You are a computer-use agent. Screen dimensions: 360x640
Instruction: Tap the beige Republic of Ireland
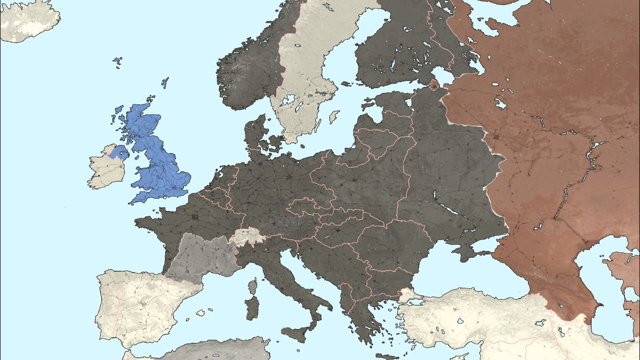coord(106,170)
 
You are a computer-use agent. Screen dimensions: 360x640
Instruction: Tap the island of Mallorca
coord(200,313)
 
